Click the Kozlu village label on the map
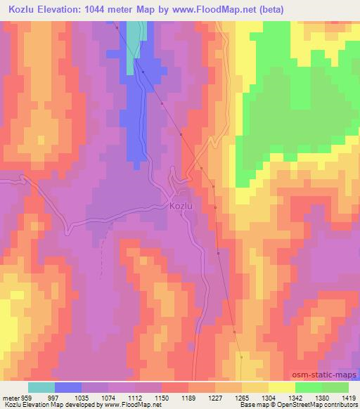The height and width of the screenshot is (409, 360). (x=181, y=207)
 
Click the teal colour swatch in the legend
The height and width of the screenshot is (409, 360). (x=41, y=387)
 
